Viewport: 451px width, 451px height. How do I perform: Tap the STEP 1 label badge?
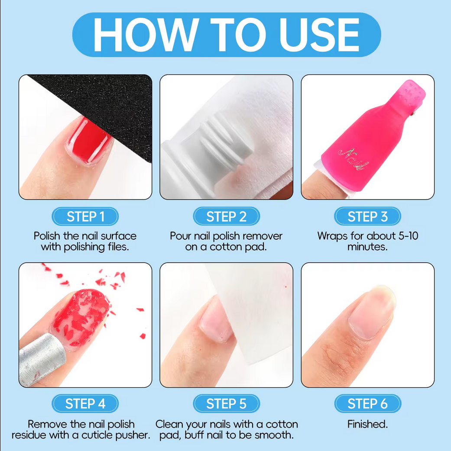coord(85,216)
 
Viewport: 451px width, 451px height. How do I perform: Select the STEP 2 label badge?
coord(226,216)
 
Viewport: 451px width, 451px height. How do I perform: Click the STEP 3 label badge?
coord(367,216)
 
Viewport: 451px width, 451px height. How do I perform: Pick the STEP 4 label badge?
coord(85,403)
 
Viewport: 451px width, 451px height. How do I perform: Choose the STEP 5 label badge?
coord(226,403)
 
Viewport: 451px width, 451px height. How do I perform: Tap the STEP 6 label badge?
coord(368,403)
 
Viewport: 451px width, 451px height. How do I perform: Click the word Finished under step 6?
coord(367,424)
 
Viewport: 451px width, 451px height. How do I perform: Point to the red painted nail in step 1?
coord(89,141)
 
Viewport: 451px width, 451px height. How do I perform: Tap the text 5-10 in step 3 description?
coord(408,236)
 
